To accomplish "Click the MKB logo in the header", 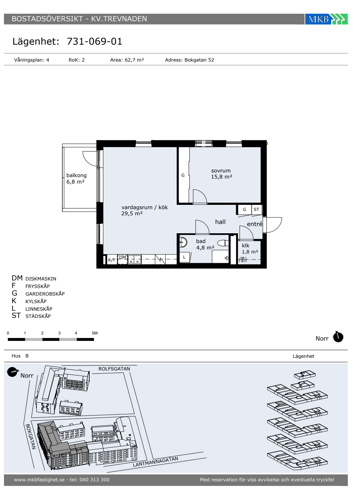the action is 326,19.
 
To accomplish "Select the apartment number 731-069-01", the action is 94,41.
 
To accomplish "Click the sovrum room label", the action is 221,171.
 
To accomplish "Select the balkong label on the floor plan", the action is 76,175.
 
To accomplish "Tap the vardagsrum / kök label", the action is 144,207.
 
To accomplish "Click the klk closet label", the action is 246,246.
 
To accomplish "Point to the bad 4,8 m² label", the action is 205,244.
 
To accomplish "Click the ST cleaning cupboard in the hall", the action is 256,210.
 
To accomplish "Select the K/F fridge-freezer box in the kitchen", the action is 112,260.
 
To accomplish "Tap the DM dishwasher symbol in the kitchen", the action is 123,259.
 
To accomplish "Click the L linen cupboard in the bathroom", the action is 184,257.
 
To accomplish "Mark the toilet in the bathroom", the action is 223,243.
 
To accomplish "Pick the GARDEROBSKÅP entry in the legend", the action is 45,294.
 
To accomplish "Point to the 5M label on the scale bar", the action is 94,333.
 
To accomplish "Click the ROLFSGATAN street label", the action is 114,369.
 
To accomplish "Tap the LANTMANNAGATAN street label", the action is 156,462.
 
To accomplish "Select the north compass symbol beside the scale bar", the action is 338,337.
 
